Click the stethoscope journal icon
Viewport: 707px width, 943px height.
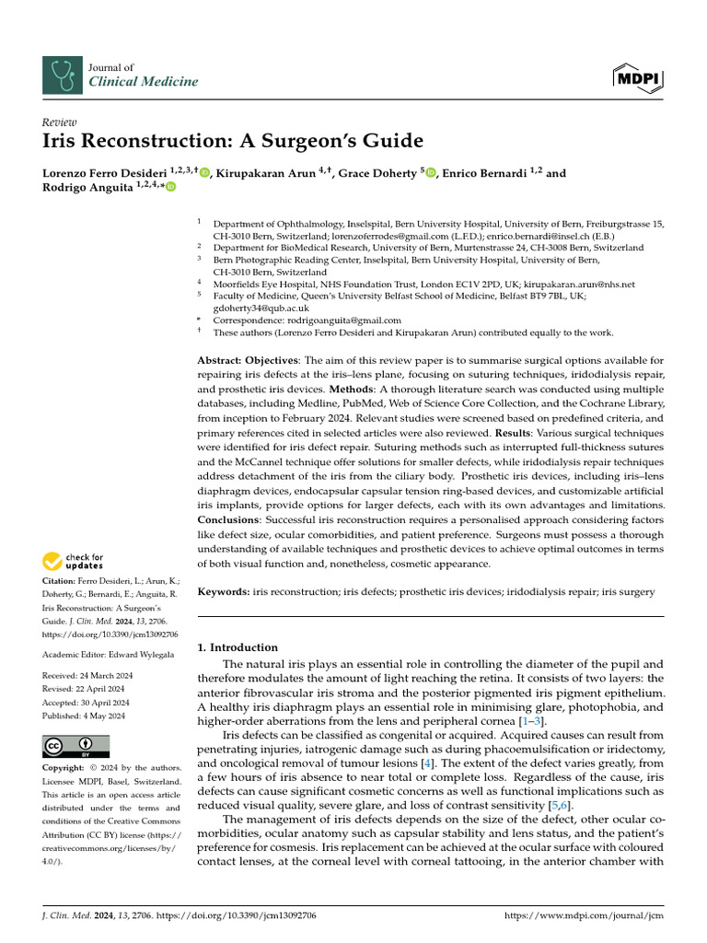click(63, 75)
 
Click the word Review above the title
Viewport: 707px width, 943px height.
click(60, 122)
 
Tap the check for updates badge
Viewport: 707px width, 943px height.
click(74, 561)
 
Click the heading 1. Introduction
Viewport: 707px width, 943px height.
click(238, 647)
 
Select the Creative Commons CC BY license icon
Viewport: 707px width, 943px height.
click(75, 746)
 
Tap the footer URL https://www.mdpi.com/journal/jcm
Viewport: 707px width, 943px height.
click(585, 916)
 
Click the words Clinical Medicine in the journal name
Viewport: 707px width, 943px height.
click(143, 82)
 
